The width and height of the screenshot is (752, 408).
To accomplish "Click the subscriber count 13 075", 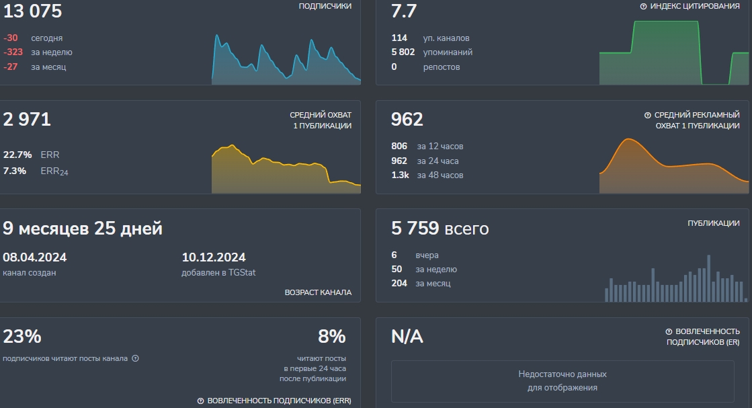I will coord(32,11).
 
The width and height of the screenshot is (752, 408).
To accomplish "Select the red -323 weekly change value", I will coord(13,52).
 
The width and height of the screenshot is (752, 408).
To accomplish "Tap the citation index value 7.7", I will coord(404,11).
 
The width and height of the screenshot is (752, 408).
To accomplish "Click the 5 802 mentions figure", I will coord(403,52).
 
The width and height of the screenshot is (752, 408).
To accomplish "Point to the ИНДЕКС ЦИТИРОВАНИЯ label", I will coord(695,6).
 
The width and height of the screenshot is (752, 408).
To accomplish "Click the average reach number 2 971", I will coord(27,120).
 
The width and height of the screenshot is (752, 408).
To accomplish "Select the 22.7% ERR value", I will coord(18,155).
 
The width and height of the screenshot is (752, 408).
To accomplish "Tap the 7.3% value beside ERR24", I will coord(15,171).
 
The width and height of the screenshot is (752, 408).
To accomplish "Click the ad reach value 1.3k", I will coord(400,175).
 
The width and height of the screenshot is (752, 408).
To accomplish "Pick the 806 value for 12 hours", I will coord(399,147).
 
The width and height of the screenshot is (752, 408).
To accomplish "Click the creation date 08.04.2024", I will coord(35,257).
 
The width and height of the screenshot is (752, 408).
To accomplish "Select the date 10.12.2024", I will coord(214,257).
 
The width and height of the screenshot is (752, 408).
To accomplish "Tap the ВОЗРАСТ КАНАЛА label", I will coord(318,293).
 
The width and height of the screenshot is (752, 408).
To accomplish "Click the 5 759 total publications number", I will coord(415,229).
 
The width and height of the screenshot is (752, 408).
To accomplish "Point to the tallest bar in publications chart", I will coord(708,278).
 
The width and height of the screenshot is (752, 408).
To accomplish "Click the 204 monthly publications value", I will coord(399,284).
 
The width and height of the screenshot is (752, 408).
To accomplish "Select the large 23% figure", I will coord(22,336).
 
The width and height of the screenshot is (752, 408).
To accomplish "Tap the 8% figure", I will coord(331,336).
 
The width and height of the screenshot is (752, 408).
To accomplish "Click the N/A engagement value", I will coord(407,337).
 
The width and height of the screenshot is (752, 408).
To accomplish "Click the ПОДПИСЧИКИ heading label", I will coord(325,6).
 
